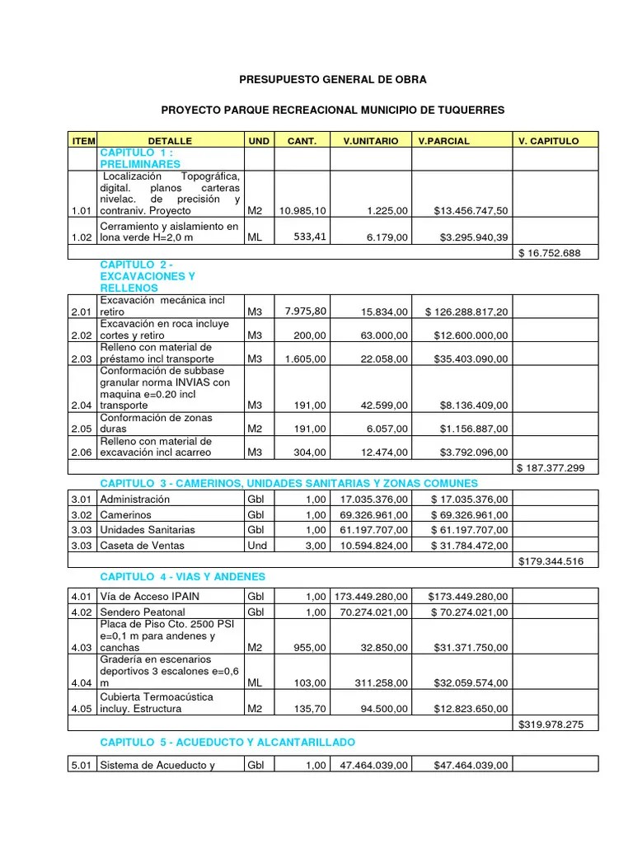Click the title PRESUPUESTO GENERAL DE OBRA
pos(333,80)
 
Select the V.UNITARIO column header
pos(370,141)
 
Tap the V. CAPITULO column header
pos(548,141)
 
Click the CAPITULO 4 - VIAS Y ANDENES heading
pos(182,576)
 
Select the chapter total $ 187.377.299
pos(550,467)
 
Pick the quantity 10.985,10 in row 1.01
pos(302,211)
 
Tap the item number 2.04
pos(81,406)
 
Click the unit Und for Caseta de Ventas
pos(257,545)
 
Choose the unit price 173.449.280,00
pos(370,596)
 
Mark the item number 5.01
pos(81,766)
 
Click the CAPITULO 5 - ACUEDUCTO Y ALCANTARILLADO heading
pos(227,743)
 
